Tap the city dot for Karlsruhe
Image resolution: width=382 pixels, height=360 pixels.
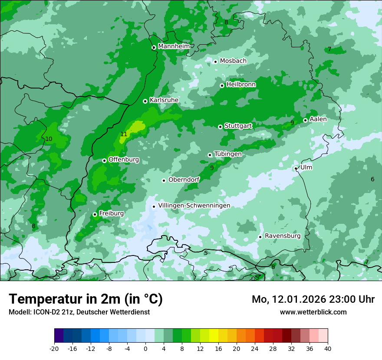[x=145, y=101]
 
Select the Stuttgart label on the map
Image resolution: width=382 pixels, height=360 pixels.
[x=238, y=126]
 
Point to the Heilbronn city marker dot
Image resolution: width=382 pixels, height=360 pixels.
[x=222, y=85]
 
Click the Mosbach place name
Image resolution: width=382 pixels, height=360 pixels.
[x=233, y=61]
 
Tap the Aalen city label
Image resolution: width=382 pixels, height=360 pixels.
[x=318, y=119]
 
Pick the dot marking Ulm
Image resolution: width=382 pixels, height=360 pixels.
[x=296, y=168]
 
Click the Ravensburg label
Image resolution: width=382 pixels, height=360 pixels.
[x=283, y=236]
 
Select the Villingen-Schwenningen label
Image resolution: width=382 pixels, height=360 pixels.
[x=194, y=206]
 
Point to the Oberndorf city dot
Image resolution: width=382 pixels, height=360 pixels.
[x=164, y=180]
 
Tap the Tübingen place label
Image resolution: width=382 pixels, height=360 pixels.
[x=228, y=154]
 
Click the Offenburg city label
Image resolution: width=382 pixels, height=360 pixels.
[x=124, y=160]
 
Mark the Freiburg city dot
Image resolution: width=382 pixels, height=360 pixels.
[x=95, y=214]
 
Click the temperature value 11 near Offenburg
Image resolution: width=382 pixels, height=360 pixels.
[x=124, y=134]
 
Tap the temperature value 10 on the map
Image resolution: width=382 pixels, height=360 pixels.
[x=49, y=139]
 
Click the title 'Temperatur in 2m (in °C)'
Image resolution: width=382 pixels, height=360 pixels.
[x=86, y=299]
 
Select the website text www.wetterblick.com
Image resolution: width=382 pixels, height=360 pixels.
[x=313, y=312]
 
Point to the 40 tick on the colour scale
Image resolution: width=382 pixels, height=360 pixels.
[x=327, y=348]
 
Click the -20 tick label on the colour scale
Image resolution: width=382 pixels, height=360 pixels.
[x=54, y=348]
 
